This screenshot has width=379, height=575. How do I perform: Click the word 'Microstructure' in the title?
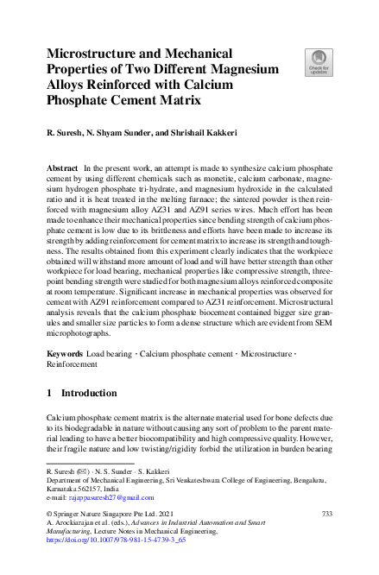click(94, 53)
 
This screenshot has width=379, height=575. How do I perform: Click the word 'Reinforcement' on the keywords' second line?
click(72, 365)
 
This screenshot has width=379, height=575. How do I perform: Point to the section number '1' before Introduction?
click(48, 394)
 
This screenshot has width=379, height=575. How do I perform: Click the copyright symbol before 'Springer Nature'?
click(48, 515)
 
